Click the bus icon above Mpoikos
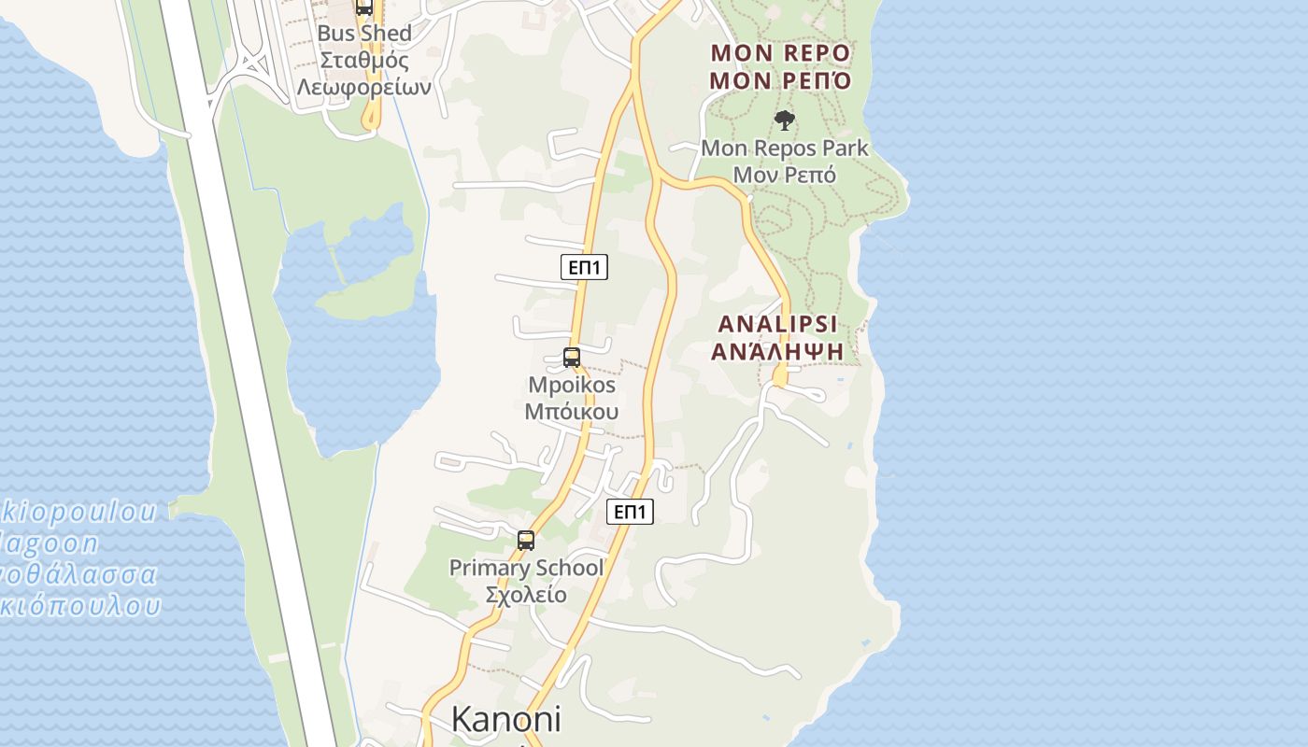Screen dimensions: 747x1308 pyautogui.click(x=571, y=357)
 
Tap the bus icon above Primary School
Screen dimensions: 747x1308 pyautogui.click(x=526, y=540)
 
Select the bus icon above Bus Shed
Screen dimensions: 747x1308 pyautogui.click(x=364, y=7)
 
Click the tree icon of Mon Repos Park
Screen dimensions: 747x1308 pyautogui.click(x=785, y=120)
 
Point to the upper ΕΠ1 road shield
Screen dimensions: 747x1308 pyautogui.click(x=585, y=268)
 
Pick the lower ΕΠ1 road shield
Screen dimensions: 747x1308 pyautogui.click(x=630, y=512)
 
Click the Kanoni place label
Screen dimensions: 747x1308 pyautogui.click(x=506, y=719)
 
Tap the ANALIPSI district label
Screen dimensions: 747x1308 pyautogui.click(x=777, y=324)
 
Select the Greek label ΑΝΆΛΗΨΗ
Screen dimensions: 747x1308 pyautogui.click(x=777, y=351)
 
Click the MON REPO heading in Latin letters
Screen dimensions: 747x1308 pyautogui.click(x=780, y=52)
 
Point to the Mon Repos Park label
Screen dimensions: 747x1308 pyautogui.click(x=784, y=148)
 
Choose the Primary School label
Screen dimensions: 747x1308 pyautogui.click(x=526, y=568)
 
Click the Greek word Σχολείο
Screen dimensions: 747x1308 pyautogui.click(x=526, y=595)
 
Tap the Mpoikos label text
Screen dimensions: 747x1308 pyautogui.click(x=572, y=385)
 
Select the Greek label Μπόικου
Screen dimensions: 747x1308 pyautogui.click(x=572, y=412)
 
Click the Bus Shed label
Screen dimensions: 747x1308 pyautogui.click(x=364, y=34)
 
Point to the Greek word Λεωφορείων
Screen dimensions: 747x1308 pyautogui.click(x=364, y=87)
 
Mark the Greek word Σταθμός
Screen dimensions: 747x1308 pyautogui.click(x=364, y=61)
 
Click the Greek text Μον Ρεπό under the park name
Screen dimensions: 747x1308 pyautogui.click(x=784, y=175)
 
